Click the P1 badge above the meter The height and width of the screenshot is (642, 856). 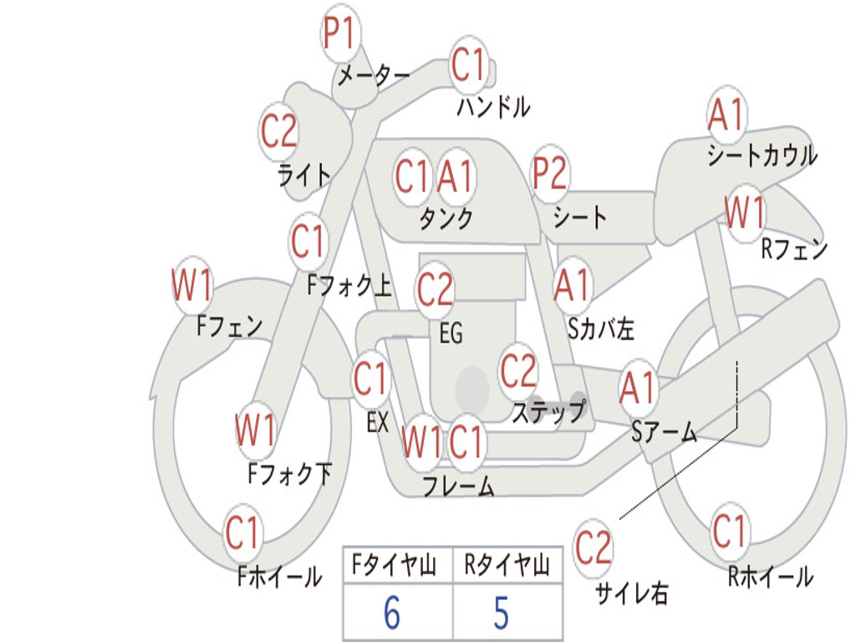341,33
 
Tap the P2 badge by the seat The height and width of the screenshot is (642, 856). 550,173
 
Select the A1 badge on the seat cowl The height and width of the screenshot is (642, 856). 726,115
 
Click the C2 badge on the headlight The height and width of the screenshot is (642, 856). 279,131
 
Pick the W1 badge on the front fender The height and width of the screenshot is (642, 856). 191,285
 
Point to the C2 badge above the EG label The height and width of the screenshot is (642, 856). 435,288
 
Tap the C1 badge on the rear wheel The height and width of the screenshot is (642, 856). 729,531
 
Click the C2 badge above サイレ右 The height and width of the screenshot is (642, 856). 593,547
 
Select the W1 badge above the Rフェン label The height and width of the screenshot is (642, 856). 745,211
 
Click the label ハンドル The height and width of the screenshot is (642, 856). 493,106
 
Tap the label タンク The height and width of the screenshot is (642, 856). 446,218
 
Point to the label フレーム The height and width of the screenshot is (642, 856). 459,486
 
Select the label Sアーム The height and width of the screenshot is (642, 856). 665,431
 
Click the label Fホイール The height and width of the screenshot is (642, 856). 279,577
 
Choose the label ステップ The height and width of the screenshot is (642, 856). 549,412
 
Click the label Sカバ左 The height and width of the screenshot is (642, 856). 601,329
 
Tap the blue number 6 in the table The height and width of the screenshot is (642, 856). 392,613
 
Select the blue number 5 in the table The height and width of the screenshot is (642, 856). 502,613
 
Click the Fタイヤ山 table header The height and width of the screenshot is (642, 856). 395,565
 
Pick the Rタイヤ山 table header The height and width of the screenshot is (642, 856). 507,565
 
